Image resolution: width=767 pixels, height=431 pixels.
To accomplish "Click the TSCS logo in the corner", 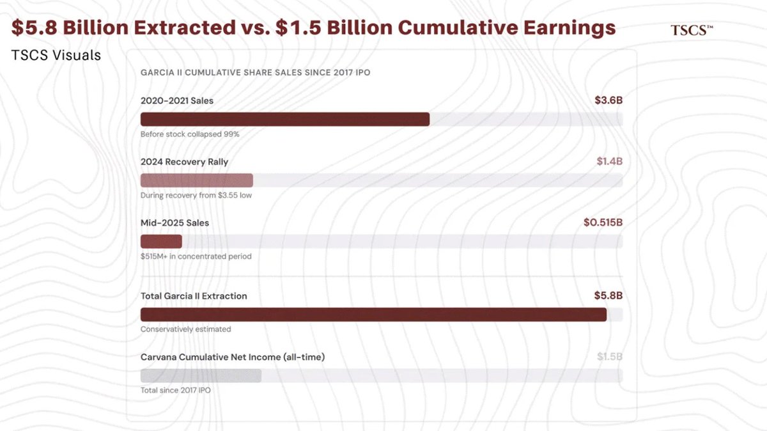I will [692, 30].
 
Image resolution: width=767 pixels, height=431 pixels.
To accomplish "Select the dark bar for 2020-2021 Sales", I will [284, 120].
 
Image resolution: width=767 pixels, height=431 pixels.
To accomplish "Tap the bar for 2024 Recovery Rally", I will [196, 180].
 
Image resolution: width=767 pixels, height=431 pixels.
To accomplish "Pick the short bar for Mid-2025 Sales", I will [161, 241].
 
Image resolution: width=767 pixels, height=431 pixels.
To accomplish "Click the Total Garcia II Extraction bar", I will [373, 315].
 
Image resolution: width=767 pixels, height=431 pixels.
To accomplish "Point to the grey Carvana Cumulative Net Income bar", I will [201, 375].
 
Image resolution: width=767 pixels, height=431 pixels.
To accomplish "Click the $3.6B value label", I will [608, 100].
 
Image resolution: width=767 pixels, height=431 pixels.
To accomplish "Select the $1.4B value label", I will [609, 161].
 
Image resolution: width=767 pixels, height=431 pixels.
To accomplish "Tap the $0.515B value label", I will [602, 223].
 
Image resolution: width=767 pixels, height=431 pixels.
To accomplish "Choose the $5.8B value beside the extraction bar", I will [608, 295].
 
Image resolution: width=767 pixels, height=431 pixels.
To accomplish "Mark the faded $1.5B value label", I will [609, 357].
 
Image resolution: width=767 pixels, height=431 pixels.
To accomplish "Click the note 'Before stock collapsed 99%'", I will [190, 134].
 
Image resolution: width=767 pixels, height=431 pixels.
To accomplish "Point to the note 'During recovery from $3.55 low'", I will [196, 195].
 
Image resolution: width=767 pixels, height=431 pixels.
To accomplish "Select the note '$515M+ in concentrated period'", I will [196, 256].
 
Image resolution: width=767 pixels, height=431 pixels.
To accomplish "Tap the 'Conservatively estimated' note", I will [185, 329].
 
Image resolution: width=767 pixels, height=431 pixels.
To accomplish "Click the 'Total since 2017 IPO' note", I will [175, 390].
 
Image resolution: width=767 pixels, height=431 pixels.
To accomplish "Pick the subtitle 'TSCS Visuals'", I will [56, 56].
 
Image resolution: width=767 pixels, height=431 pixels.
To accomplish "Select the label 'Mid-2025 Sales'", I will [174, 223].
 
